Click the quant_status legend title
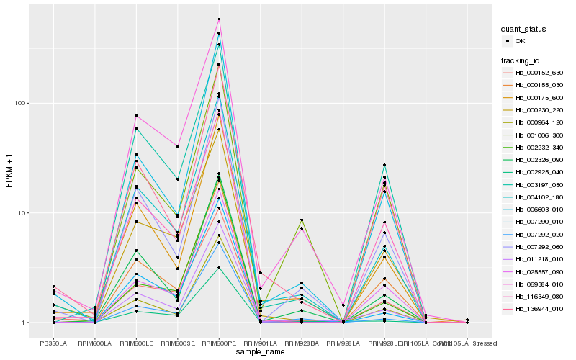523,29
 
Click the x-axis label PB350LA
53,343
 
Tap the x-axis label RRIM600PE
219,343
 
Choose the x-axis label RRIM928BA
302,343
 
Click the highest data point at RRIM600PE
219,19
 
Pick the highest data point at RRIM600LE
136,116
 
